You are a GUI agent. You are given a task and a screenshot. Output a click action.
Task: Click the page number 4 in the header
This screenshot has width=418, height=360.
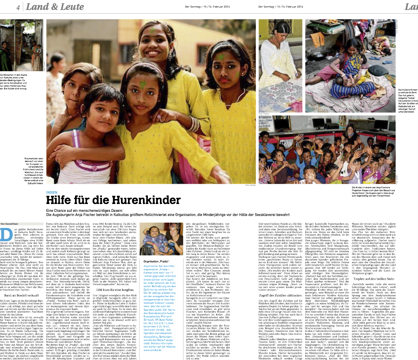click(19, 8)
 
